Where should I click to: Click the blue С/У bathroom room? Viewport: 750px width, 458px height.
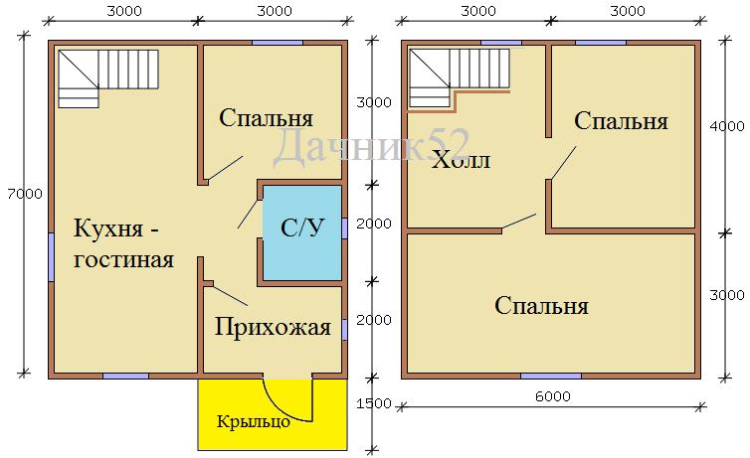click(x=302, y=233)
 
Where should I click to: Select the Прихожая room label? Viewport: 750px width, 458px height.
click(x=273, y=328)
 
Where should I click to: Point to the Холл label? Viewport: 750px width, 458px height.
click(x=461, y=160)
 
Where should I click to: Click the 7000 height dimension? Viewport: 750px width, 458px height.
click(x=25, y=194)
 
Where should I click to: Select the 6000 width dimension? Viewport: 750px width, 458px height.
click(x=553, y=396)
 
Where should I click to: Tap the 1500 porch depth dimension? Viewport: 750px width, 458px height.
click(x=374, y=403)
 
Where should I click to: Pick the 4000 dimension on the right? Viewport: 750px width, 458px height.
click(x=727, y=126)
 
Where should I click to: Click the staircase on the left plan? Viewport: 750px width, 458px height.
click(x=108, y=78)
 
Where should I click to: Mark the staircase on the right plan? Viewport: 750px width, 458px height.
click(x=460, y=77)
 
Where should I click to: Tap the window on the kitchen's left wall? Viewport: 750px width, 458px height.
click(x=51, y=257)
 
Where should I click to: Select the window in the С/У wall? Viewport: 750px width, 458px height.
click(x=344, y=228)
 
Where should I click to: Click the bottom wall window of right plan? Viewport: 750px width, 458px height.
click(x=551, y=376)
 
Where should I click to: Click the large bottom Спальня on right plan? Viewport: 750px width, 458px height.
click(x=541, y=306)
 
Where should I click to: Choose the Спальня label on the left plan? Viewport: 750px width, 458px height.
click(x=266, y=118)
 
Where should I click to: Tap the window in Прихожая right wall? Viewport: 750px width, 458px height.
click(x=344, y=330)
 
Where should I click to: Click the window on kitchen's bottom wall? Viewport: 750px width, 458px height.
click(x=125, y=376)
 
